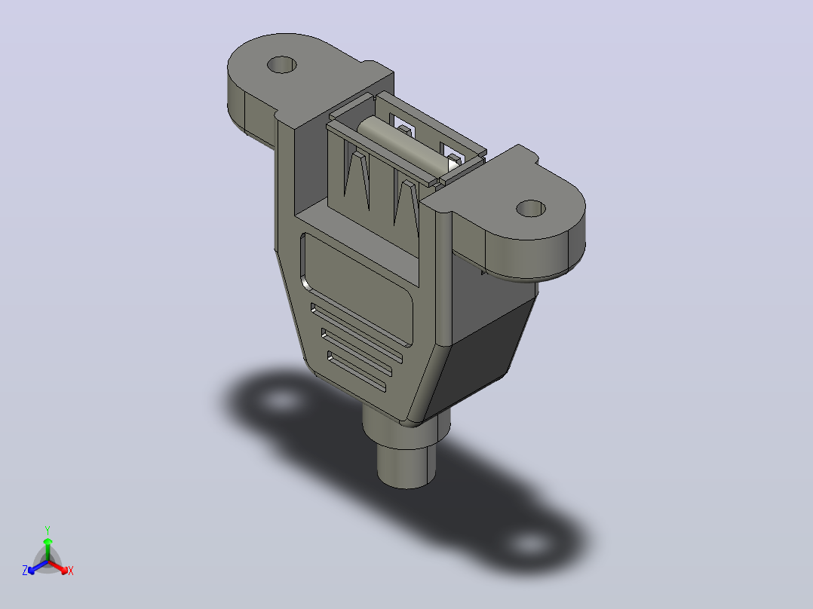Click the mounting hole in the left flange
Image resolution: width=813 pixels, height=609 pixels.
coord(281,65)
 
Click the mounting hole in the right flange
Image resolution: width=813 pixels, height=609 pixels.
coord(531,208)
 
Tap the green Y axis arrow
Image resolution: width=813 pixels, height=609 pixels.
coord(48,549)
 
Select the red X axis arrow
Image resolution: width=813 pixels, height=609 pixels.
coord(58,567)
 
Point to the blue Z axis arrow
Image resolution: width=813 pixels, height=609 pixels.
coord(38,567)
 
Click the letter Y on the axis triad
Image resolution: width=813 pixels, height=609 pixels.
coord(48,530)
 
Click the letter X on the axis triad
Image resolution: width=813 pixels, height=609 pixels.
coord(71,571)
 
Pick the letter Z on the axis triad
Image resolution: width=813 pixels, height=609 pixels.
coord(25,570)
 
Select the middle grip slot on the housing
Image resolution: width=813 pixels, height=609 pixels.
coord(357,353)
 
